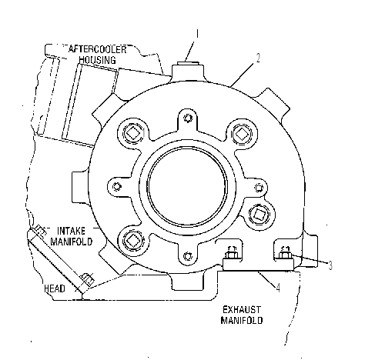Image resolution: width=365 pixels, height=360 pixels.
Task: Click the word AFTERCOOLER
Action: [98, 49]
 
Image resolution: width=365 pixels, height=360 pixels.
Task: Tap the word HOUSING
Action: [97, 60]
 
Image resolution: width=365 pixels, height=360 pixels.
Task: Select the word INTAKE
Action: [71, 231]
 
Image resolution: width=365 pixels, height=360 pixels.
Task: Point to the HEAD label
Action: [55, 288]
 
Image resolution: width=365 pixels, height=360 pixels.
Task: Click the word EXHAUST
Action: [241, 310]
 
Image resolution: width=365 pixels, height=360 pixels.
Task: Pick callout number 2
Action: [258, 58]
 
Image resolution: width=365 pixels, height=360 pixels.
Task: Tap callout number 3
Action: [330, 265]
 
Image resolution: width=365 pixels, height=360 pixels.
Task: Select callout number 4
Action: [278, 288]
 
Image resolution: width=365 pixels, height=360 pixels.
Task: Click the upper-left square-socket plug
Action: [133, 133]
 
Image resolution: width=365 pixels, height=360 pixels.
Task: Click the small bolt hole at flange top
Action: [189, 118]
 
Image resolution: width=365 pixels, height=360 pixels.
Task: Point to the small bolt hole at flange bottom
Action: [188, 256]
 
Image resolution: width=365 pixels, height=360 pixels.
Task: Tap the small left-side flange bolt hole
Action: [117, 186]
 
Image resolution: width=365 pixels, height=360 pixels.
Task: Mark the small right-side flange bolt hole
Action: [259, 188]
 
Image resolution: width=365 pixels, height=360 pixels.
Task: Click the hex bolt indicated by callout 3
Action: [285, 254]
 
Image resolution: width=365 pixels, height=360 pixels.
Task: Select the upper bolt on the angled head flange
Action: [40, 230]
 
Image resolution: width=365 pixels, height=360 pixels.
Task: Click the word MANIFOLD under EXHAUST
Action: [242, 320]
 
